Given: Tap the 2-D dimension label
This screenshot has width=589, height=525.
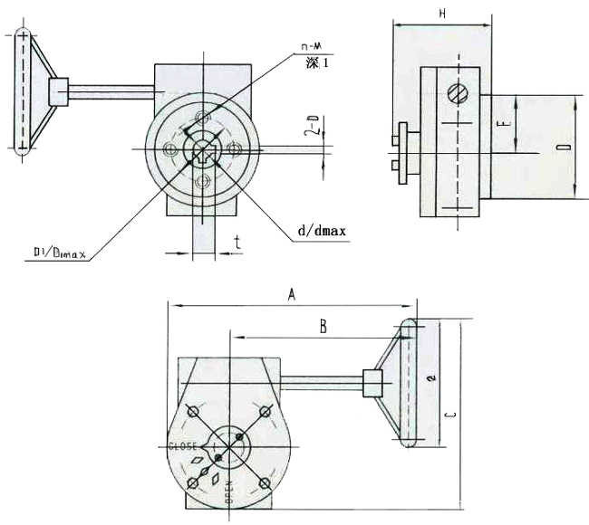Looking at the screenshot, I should (312, 126).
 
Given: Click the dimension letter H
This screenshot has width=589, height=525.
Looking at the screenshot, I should (441, 14).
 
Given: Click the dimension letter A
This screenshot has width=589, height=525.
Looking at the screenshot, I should (292, 293).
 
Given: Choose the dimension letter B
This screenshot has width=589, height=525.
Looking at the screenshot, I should (322, 326).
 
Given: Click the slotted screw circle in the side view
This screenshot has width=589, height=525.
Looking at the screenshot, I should (459, 91).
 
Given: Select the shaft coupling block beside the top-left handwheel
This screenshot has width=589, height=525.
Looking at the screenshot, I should (60, 91).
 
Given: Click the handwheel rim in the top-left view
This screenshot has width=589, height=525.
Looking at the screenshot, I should (23, 91).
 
